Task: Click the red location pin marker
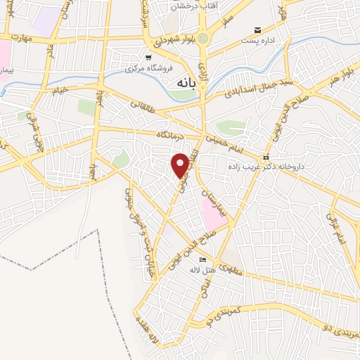click(x=181, y=165)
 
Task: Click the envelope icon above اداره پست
click(x=258, y=30)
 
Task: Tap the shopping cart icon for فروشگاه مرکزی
click(x=148, y=58)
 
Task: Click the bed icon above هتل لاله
click(x=203, y=259)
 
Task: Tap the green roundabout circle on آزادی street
click(x=204, y=38)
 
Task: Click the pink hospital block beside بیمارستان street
click(x=214, y=212)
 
